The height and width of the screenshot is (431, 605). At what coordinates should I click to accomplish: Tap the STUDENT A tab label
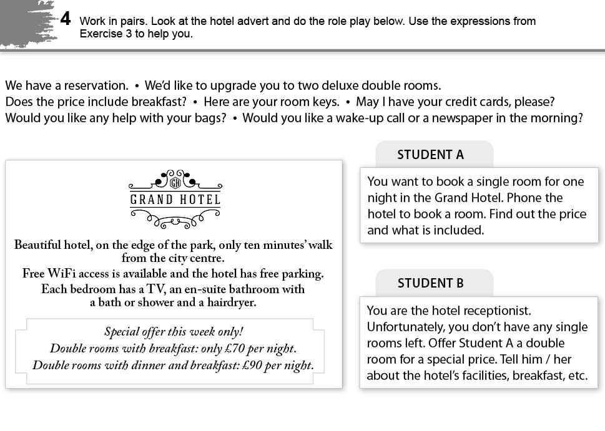pyautogui.click(x=431, y=155)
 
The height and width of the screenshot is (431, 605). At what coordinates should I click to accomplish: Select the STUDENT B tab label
pyautogui.click(x=431, y=283)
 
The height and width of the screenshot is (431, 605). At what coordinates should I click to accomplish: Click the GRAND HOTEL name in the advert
pyautogui.click(x=175, y=200)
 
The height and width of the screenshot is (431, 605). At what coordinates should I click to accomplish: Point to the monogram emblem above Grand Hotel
pyautogui.click(x=175, y=182)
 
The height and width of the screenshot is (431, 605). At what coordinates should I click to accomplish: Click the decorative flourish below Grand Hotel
pyautogui.click(x=175, y=218)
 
